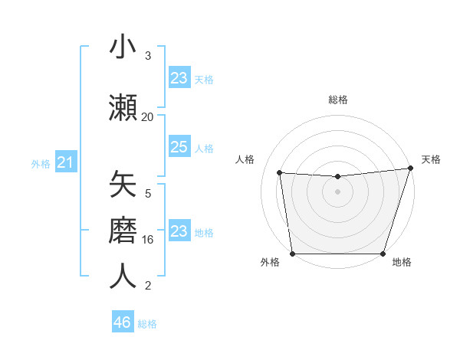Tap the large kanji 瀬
123,106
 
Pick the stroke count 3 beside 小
148,56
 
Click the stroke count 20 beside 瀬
148,116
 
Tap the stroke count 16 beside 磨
148,240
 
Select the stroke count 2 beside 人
148,286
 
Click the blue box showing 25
179,147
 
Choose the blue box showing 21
65,162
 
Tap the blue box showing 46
123,322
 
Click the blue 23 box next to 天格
179,78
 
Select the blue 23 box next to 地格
179,231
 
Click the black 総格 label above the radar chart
337,100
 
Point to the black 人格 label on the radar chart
245,159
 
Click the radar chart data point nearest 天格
411,169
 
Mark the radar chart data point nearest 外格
292,254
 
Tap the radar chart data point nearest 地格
383,254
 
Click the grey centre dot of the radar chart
337,191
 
